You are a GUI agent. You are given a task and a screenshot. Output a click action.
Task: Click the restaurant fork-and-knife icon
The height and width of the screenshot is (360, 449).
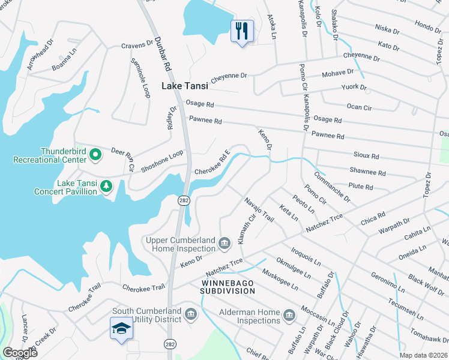tap(242, 31)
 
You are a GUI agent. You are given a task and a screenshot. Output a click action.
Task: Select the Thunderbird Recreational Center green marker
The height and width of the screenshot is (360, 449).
tap(95, 156)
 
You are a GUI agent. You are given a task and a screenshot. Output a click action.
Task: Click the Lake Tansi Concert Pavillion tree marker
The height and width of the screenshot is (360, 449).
tap(106, 186)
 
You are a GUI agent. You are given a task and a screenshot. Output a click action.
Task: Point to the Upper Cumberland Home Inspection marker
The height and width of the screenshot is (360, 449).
tap(224, 242)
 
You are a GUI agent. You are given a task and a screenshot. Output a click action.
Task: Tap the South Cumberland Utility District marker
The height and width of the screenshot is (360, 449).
tap(191, 314)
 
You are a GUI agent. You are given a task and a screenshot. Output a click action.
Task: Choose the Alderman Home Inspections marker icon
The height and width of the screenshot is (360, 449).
tap(289, 315)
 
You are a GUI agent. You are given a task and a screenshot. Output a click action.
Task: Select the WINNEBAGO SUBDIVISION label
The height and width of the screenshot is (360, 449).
tap(228, 286)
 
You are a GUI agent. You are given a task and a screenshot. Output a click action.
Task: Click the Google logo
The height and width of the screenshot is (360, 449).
tap(20, 353)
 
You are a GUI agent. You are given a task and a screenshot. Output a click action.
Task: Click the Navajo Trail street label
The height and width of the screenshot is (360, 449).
tap(259, 209)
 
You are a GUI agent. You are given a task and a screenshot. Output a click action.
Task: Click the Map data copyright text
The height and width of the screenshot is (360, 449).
tap(423, 355)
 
